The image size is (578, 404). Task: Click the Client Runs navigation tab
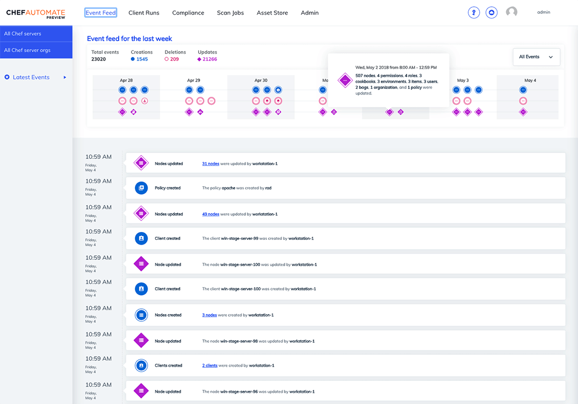143,13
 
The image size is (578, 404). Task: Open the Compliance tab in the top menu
188,13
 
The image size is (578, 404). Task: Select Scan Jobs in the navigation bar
230,13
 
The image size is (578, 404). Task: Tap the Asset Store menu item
272,13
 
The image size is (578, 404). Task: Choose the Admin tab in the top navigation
309,13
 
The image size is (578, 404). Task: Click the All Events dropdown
536,57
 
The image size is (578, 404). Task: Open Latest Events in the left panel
31,77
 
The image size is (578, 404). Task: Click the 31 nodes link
211,164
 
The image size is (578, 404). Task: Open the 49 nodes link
211,214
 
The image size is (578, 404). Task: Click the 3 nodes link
210,315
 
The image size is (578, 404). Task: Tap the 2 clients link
210,366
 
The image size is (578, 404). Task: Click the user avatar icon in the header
511,12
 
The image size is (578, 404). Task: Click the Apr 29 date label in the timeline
193,80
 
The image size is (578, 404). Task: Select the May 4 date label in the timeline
530,80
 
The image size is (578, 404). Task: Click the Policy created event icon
141,188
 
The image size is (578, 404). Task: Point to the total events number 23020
99,59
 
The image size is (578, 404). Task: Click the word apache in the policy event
228,188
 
